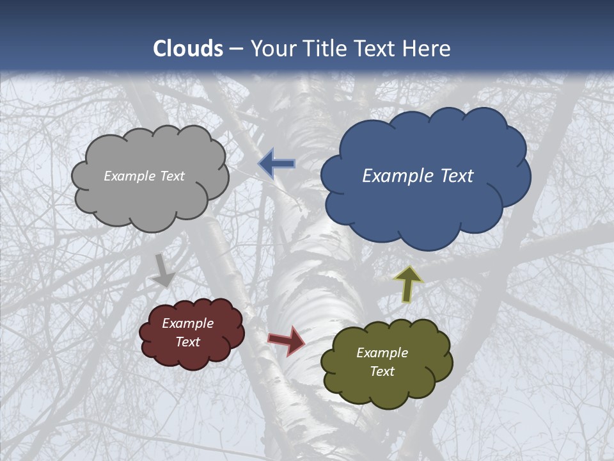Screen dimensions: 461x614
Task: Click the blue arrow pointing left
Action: [277, 164]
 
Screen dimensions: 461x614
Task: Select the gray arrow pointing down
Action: [163, 270]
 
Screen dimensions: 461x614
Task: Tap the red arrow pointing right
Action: [287, 340]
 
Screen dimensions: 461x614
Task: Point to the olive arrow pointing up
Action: [408, 284]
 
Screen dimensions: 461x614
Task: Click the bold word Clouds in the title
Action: [188, 49]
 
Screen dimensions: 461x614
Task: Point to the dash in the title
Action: [235, 49]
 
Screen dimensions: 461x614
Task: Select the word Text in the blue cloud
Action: [456, 175]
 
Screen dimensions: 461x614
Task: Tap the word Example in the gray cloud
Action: [130, 176]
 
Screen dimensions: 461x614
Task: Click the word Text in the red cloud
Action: [188, 342]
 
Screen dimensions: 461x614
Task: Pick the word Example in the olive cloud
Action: [382, 353]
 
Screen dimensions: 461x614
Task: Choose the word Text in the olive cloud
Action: [382, 371]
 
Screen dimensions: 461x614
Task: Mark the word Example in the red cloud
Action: [188, 323]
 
